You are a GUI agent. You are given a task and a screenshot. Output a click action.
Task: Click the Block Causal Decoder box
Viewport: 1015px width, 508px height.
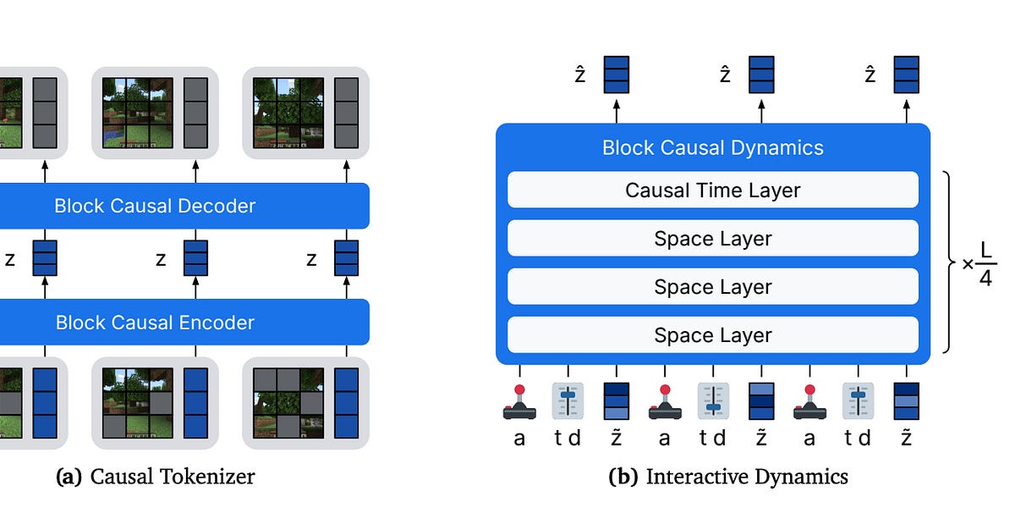(155, 206)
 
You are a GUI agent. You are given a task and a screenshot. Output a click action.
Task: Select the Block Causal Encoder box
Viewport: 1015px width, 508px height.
(155, 323)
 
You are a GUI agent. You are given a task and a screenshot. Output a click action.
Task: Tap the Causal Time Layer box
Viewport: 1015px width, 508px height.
(712, 190)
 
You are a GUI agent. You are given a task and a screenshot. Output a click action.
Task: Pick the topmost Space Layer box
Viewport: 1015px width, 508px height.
(712, 239)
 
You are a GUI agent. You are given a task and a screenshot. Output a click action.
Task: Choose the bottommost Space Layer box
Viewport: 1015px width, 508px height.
(712, 335)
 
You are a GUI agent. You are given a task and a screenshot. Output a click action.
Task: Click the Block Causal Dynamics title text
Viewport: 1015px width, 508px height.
(712, 148)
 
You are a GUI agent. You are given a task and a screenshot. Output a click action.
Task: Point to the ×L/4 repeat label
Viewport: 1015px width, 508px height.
(980, 264)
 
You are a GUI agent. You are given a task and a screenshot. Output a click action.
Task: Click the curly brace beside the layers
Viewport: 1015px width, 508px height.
(949, 262)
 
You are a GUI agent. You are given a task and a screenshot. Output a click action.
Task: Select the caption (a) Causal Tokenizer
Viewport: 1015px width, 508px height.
(155, 477)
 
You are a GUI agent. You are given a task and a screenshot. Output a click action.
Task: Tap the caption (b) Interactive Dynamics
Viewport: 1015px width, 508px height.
(727, 477)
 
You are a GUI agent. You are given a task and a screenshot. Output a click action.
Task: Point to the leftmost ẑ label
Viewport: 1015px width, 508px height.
(580, 75)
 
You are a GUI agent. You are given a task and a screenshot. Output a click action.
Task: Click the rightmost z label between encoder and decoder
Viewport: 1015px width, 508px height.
(311, 259)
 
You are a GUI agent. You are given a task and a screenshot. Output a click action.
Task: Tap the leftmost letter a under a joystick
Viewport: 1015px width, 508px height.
(519, 438)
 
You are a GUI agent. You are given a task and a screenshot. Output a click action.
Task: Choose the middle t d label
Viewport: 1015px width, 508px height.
(712, 438)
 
